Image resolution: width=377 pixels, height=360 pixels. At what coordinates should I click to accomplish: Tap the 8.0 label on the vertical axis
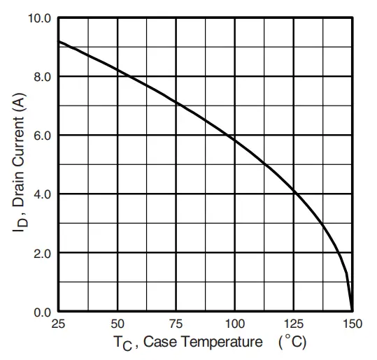pyautogui.click(x=43, y=76)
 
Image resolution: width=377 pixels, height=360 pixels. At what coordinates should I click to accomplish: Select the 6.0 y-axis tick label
pyautogui.click(x=43, y=135)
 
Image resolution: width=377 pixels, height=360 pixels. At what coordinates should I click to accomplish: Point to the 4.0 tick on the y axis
pyautogui.click(x=43, y=194)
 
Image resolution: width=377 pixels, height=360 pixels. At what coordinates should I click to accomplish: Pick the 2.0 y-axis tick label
pyautogui.click(x=43, y=252)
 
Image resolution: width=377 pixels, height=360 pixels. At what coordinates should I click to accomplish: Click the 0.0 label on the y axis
pyautogui.click(x=43, y=312)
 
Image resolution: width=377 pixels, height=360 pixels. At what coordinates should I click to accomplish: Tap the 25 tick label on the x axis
pyautogui.click(x=59, y=324)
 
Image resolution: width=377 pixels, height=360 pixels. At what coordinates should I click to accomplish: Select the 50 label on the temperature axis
pyautogui.click(x=118, y=324)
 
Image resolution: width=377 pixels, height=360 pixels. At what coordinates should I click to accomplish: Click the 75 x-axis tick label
pyautogui.click(x=176, y=324)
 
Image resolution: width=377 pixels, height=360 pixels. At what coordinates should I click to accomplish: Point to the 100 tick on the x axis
pyautogui.click(x=235, y=324)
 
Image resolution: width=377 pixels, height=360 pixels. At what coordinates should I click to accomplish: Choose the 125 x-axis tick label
pyautogui.click(x=294, y=324)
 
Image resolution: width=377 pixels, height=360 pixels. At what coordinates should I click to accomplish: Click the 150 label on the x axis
pyautogui.click(x=353, y=324)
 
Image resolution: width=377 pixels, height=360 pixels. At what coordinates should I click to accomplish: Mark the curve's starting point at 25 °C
pyautogui.click(x=59, y=42)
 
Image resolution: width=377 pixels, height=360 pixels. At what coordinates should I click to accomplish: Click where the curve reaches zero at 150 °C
pyautogui.click(x=352, y=310)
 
